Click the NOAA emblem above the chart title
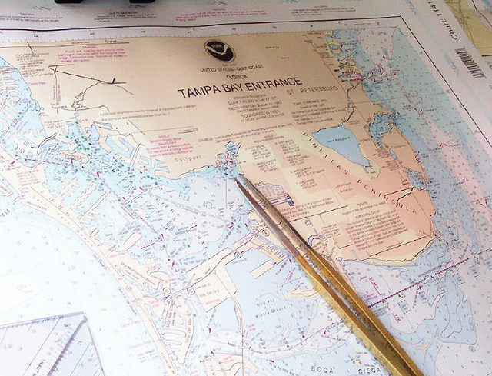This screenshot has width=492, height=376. pyautogui.click(x=219, y=51)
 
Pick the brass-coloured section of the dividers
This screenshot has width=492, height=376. pyautogui.click(x=361, y=308)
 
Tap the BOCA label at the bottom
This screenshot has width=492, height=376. pyautogui.click(x=322, y=369)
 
